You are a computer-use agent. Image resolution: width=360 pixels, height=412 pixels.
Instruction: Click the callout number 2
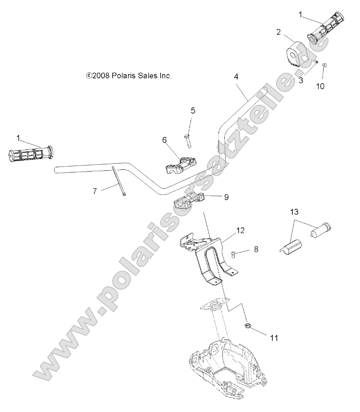(x=278, y=32)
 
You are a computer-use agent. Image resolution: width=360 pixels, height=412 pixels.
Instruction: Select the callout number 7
(x=95, y=191)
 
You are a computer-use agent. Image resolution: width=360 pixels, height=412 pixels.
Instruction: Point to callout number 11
(x=274, y=337)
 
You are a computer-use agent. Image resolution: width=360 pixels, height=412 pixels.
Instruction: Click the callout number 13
(x=295, y=211)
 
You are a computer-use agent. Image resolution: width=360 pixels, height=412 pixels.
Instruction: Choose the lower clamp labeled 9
(x=189, y=201)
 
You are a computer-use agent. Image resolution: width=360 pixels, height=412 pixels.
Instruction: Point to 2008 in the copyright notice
(x=101, y=75)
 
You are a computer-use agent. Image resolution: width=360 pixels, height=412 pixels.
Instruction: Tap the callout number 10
(x=320, y=86)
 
